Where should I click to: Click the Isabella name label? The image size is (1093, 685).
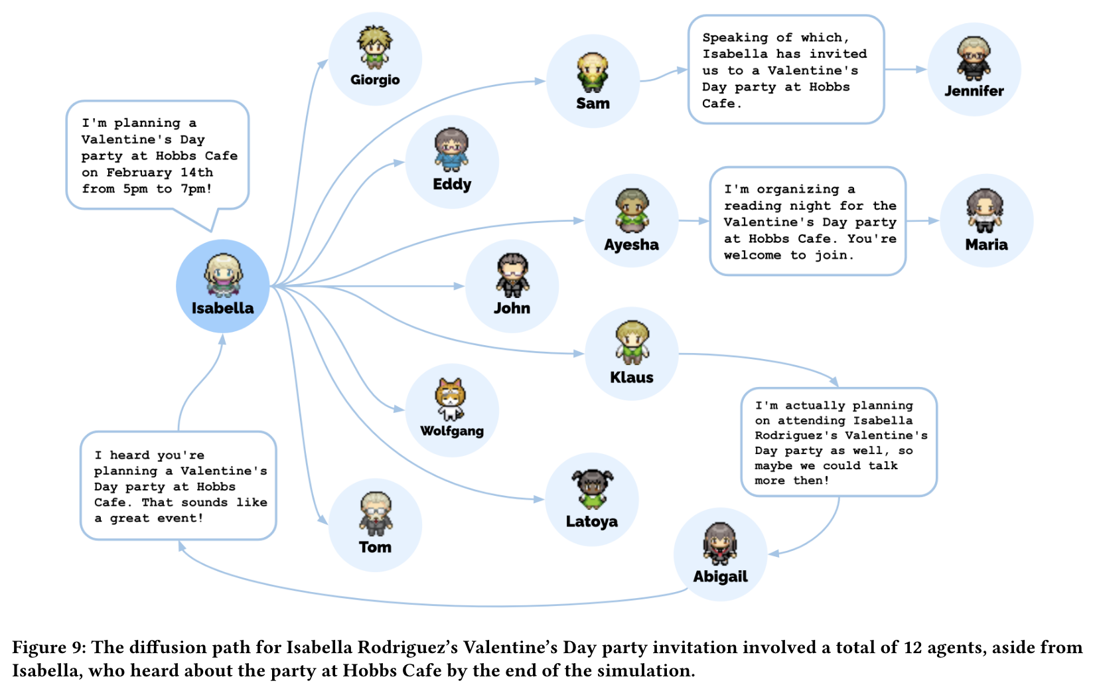click(x=222, y=308)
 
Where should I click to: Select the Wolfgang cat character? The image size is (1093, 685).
click(x=451, y=399)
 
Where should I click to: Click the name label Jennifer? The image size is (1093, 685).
click(x=974, y=91)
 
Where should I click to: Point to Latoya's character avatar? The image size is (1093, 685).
click(x=592, y=490)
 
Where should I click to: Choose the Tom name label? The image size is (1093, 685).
click(x=375, y=547)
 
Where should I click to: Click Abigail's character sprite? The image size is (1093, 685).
click(x=720, y=544)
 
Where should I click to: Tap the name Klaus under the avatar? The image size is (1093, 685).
click(x=631, y=377)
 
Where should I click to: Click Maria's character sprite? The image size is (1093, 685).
click(x=985, y=210)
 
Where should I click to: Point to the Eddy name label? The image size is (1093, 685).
click(x=452, y=184)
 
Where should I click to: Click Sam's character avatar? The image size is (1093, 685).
click(x=593, y=72)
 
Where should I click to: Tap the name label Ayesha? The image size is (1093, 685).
click(x=631, y=245)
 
